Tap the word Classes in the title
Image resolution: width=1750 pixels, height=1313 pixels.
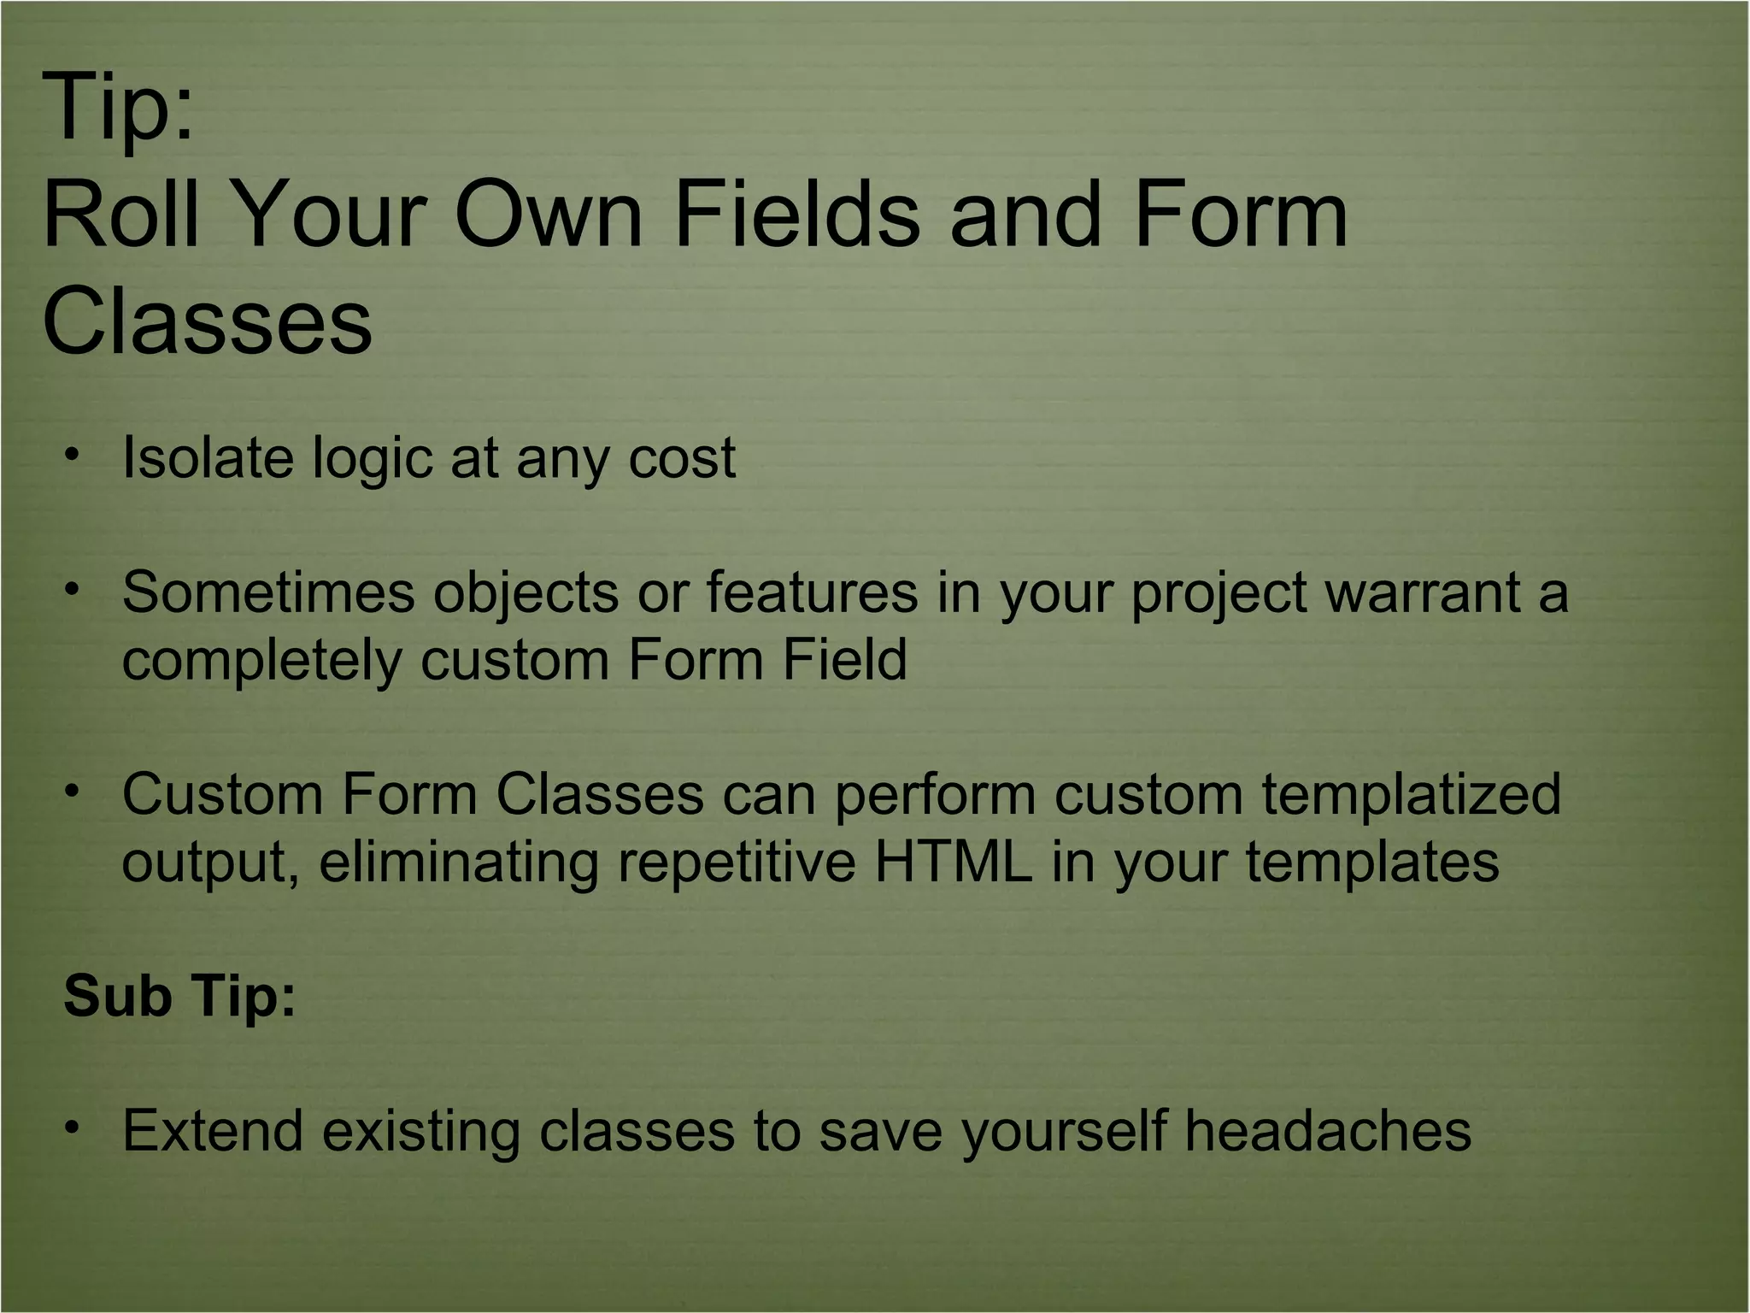207,321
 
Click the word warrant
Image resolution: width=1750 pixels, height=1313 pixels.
1422,593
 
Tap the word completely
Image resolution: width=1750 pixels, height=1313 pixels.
261,661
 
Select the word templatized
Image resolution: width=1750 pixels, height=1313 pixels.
1411,795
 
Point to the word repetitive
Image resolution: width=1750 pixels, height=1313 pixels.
736,862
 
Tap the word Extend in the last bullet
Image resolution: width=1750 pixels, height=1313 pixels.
213,1130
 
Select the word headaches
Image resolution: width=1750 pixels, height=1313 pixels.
1328,1130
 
